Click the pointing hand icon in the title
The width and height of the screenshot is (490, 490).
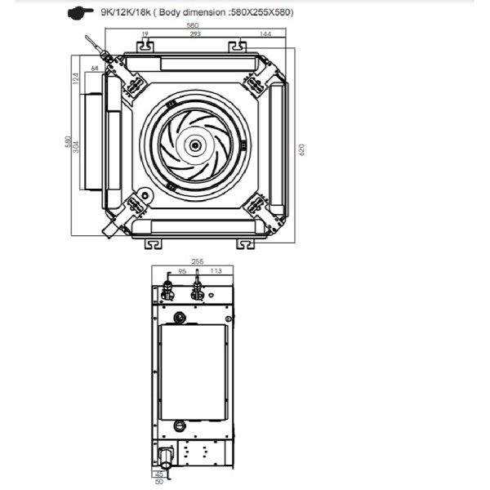pos(80,13)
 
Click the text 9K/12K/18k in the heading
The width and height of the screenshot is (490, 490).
pos(126,12)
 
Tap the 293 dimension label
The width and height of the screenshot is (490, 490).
pos(195,33)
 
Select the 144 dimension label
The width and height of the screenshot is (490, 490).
pos(265,33)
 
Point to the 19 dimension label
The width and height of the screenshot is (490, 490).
pos(145,33)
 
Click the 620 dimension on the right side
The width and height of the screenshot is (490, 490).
pos(301,149)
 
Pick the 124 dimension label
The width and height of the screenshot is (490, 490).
pos(76,78)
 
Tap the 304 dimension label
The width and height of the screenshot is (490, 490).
pos(76,147)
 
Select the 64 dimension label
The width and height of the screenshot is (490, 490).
pos(95,68)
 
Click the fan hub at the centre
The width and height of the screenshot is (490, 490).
pos(195,145)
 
